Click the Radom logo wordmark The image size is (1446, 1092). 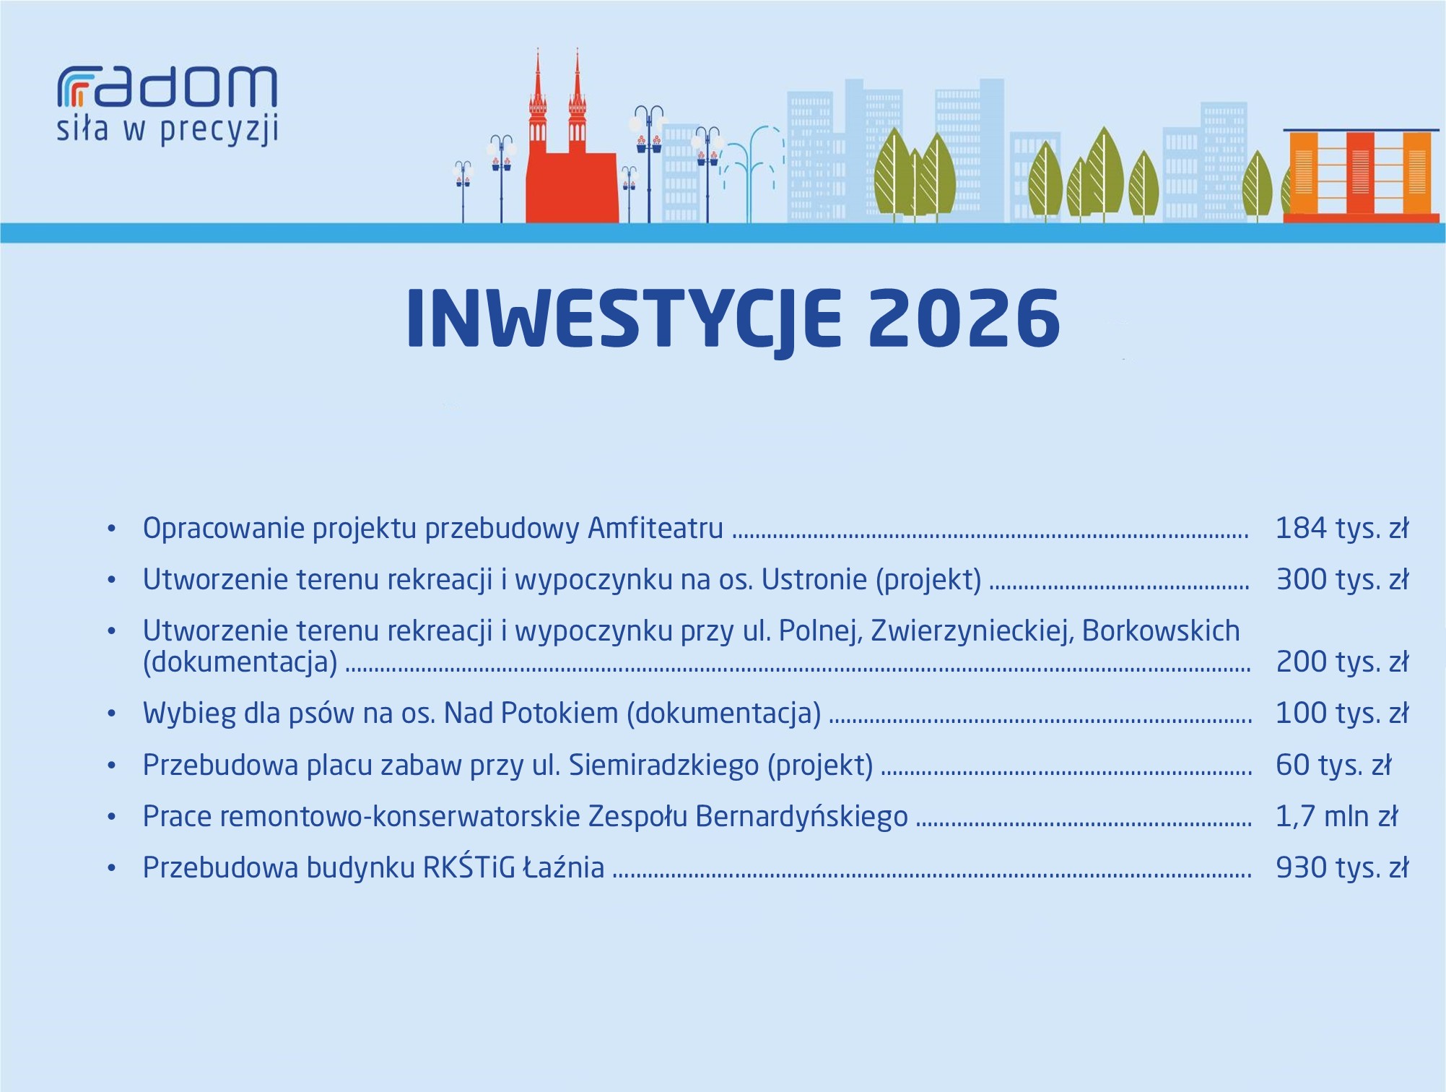click(167, 87)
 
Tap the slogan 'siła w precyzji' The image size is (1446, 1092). click(167, 130)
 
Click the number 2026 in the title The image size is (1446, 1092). click(964, 318)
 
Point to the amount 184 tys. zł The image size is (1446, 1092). click(1342, 528)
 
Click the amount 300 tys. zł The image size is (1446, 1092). click(1342, 579)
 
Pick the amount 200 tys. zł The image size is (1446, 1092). click(1342, 662)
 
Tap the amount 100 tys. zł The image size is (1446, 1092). click(1342, 713)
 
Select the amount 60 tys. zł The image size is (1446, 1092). click(1333, 765)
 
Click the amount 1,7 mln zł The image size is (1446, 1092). click(1337, 816)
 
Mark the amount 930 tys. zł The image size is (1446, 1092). click(1342, 867)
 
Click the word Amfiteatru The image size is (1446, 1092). click(656, 528)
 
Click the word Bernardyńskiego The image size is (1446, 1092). click(801, 817)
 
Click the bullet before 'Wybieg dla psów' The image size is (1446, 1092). click(111, 714)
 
